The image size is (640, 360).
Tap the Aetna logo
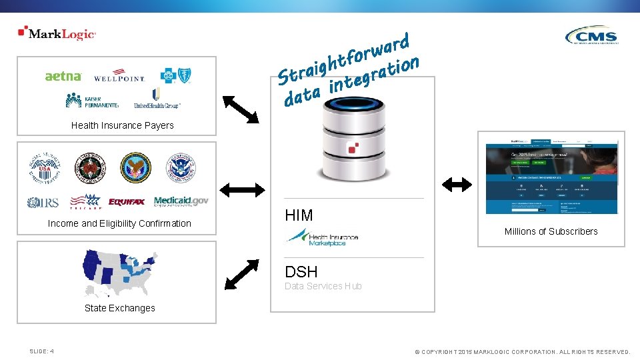pyautogui.click(x=63, y=76)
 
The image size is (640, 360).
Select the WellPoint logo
pyautogui.click(x=119, y=75)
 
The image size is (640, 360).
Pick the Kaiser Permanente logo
pyautogui.click(x=92, y=100)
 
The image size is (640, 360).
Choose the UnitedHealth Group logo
pyautogui.click(x=157, y=99)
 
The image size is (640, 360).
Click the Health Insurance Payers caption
pyautogui.click(x=122, y=125)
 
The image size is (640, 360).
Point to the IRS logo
pyautogui.click(x=43, y=202)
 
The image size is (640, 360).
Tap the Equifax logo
pyautogui.click(x=127, y=201)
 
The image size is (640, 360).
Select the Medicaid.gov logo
pyautogui.click(x=181, y=201)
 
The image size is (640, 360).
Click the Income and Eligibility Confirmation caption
pyautogui.click(x=119, y=223)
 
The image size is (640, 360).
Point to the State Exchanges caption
pyautogui.click(x=119, y=308)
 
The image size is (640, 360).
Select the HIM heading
pyautogui.click(x=299, y=215)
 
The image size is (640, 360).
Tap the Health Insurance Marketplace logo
pyautogui.click(x=322, y=237)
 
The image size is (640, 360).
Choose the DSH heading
pyautogui.click(x=301, y=272)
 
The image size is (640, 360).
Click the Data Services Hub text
pyautogui.click(x=323, y=286)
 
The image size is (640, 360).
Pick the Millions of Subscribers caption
pyautogui.click(x=551, y=231)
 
